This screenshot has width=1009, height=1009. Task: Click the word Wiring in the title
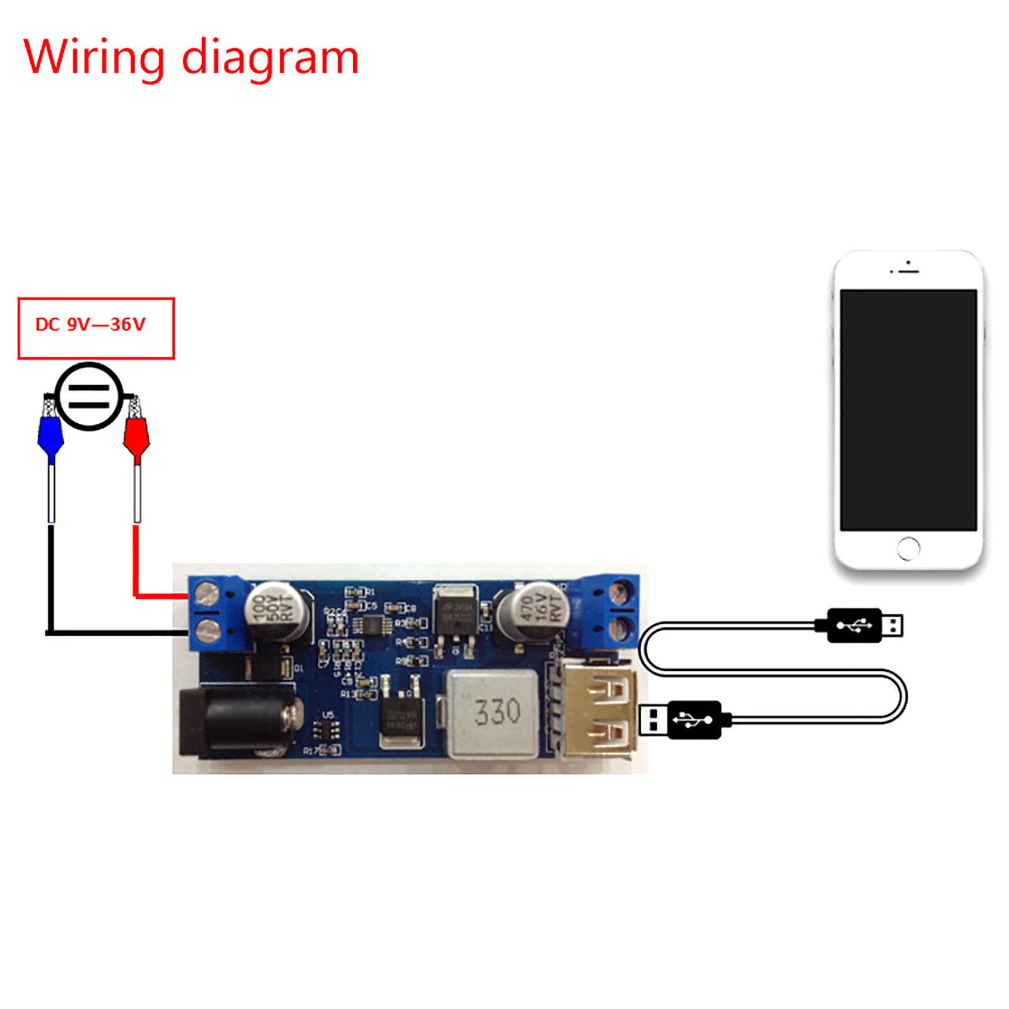tap(94, 57)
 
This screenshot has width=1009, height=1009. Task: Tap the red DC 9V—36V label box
tap(96, 328)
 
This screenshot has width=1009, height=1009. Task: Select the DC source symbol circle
tap(89, 397)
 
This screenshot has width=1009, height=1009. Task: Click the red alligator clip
tap(136, 435)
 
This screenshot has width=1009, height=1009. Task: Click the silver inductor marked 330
tap(493, 713)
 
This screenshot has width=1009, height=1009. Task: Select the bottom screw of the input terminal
tap(207, 630)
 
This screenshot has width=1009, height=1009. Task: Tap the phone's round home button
tap(908, 548)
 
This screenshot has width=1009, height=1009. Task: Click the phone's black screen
tap(908, 410)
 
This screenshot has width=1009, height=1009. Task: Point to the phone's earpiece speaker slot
tap(909, 271)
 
